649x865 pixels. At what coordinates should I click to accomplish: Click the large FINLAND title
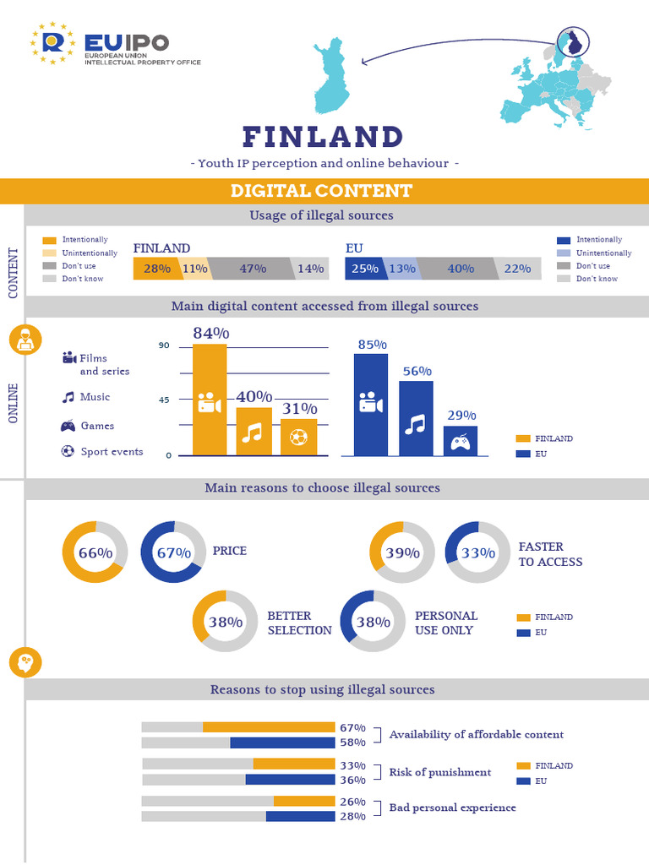point(323,137)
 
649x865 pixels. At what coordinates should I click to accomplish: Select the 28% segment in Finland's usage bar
point(157,269)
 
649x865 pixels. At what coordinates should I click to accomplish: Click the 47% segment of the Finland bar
point(253,269)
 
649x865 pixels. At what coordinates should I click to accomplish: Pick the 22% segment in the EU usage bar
point(516,269)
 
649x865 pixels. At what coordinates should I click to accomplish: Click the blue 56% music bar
point(416,418)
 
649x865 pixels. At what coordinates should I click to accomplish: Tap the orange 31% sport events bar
point(298,437)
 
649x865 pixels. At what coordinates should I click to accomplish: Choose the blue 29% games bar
point(460,441)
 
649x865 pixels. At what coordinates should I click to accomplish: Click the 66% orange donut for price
point(95,553)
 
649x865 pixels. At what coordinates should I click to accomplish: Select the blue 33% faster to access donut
point(477,553)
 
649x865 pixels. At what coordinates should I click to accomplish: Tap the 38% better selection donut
point(225,622)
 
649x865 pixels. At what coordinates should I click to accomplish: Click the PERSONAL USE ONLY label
point(445,623)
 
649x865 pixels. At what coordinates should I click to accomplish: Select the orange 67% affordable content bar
point(269,727)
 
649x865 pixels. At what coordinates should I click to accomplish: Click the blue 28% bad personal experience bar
point(300,816)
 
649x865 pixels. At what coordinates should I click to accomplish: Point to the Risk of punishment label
point(439,772)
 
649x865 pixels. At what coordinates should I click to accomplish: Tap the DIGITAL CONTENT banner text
point(321,191)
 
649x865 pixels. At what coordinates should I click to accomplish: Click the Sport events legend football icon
point(68,451)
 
